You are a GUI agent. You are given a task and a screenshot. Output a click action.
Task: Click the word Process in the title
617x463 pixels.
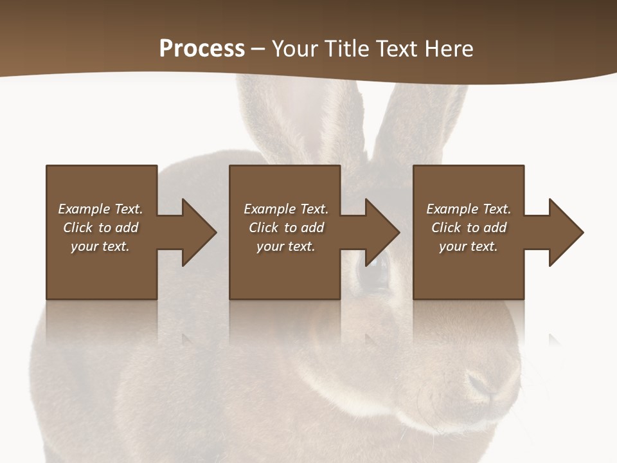(x=202, y=48)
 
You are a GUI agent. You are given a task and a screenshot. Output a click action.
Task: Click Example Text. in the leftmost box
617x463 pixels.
(x=100, y=209)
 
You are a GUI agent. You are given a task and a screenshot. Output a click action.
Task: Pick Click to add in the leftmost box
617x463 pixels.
(x=100, y=228)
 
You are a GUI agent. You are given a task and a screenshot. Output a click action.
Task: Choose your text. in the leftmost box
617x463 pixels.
(x=100, y=246)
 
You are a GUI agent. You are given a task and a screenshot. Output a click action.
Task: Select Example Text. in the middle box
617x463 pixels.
(x=286, y=209)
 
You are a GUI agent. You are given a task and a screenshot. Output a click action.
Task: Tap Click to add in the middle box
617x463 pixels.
(x=286, y=228)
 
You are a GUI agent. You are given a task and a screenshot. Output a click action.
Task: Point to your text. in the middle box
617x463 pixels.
(x=286, y=246)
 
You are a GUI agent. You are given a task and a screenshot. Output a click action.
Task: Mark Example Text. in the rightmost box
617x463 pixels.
(x=469, y=209)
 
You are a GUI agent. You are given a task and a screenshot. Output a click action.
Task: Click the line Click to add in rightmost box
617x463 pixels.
(x=469, y=228)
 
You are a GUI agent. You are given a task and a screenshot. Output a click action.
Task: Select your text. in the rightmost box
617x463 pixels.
(x=469, y=246)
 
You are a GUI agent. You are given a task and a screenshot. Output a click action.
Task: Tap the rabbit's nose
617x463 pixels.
(x=483, y=385)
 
